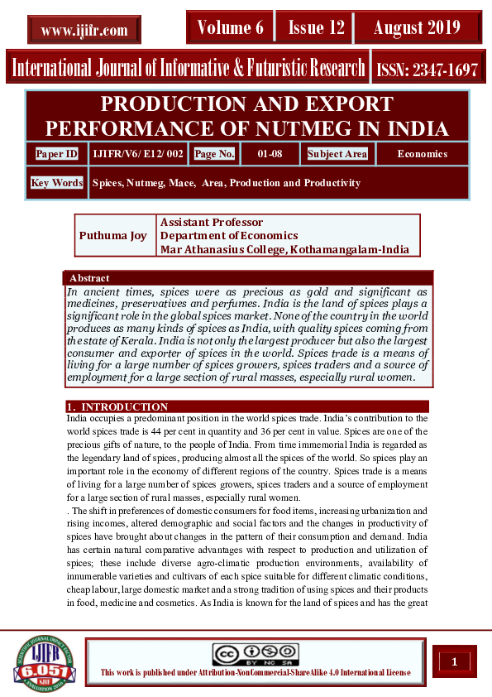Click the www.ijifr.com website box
[x=84, y=31]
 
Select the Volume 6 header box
[x=230, y=28]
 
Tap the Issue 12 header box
[x=316, y=28]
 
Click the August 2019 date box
[x=417, y=28]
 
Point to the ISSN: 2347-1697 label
[x=427, y=70]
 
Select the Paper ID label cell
[x=57, y=154]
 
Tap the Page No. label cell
[x=214, y=154]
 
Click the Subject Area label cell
[x=337, y=154]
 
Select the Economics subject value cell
[x=422, y=154]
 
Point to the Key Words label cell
[x=57, y=183]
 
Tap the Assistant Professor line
[x=212, y=223]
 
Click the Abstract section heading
[x=89, y=278]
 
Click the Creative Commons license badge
[x=255, y=654]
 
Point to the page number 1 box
[x=454, y=661]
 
